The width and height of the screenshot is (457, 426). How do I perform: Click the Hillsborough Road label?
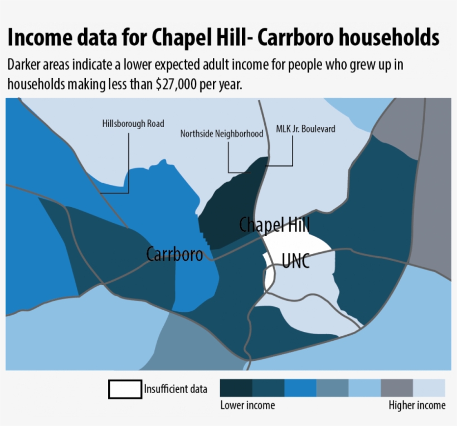[133, 124]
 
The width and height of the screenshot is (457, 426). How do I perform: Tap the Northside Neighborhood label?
[221, 134]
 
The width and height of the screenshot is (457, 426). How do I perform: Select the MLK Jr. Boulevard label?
[305, 129]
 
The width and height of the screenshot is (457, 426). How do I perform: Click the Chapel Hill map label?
[274, 225]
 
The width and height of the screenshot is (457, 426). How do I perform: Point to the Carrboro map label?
[174, 254]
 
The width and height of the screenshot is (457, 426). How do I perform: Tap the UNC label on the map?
[296, 261]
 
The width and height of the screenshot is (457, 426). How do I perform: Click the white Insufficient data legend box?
[125, 389]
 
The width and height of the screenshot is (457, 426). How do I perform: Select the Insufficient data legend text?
[176, 389]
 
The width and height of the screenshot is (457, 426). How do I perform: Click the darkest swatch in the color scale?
[236, 388]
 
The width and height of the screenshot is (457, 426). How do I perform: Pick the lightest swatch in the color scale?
[429, 388]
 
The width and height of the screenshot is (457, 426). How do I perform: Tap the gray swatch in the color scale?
[397, 388]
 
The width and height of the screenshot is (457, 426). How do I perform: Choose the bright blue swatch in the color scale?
[300, 388]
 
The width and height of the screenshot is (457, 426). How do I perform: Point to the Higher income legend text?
[417, 405]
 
